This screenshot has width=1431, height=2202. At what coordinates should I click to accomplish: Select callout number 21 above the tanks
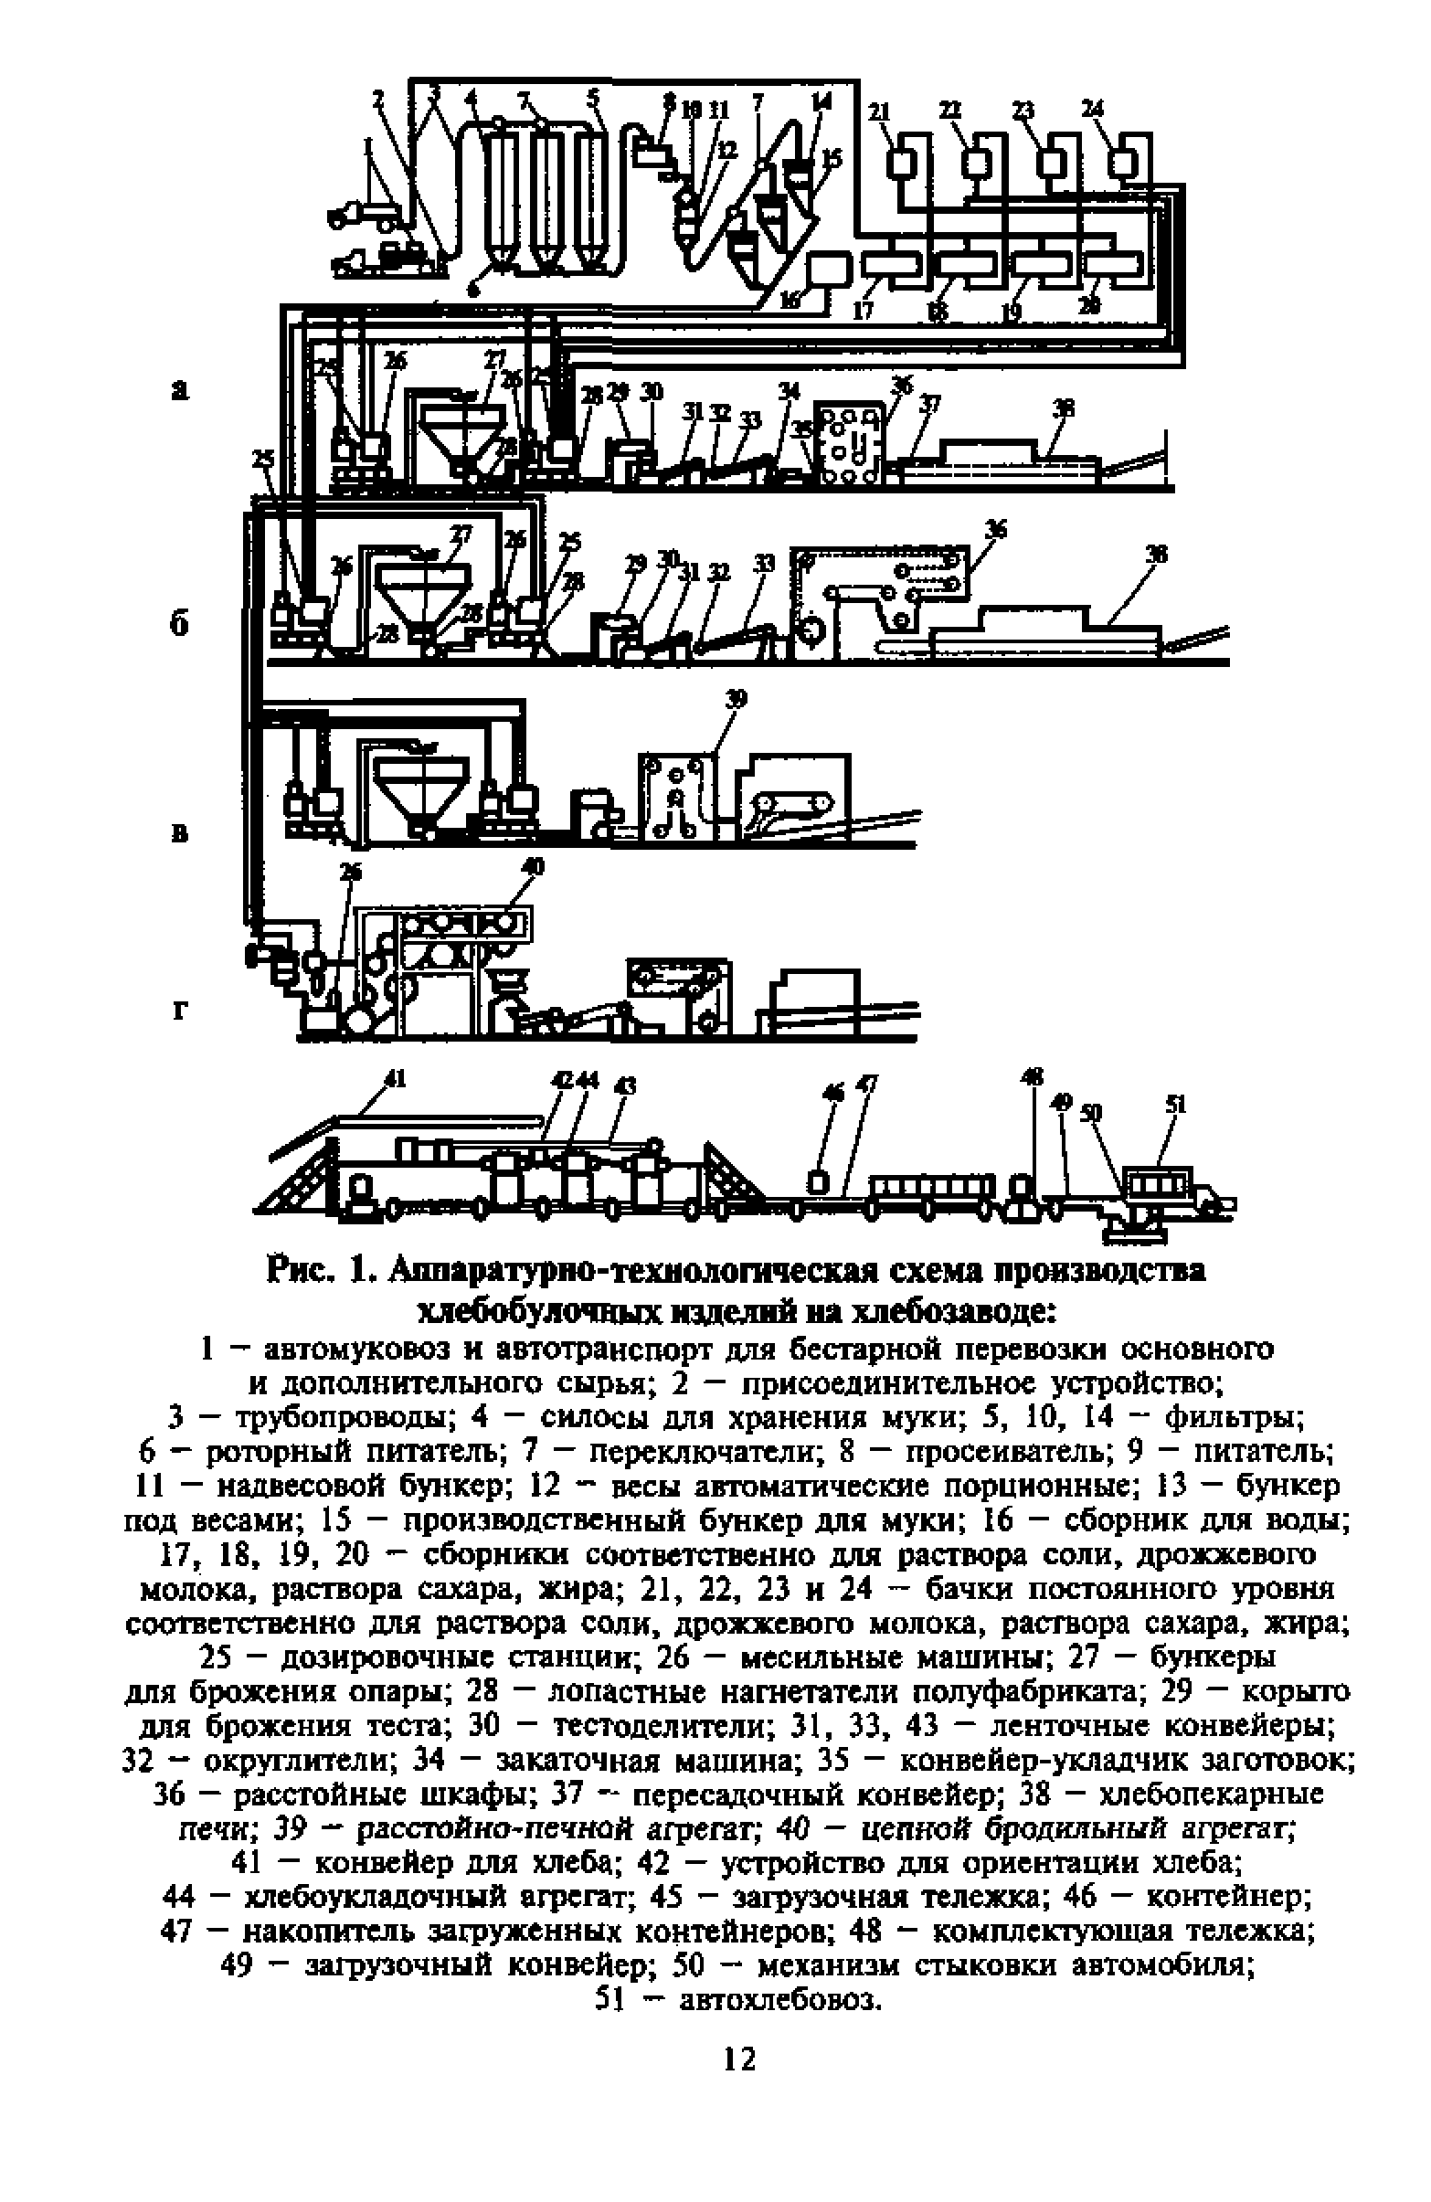(x=878, y=113)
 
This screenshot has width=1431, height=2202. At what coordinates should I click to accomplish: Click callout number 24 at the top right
(x=1094, y=109)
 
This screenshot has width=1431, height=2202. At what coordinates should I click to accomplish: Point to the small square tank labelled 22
(x=977, y=163)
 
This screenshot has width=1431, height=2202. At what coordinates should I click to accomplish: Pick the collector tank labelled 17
(x=890, y=263)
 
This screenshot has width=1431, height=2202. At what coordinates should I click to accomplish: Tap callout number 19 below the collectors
(x=1012, y=312)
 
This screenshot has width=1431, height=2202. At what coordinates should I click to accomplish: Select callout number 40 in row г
(x=534, y=867)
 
